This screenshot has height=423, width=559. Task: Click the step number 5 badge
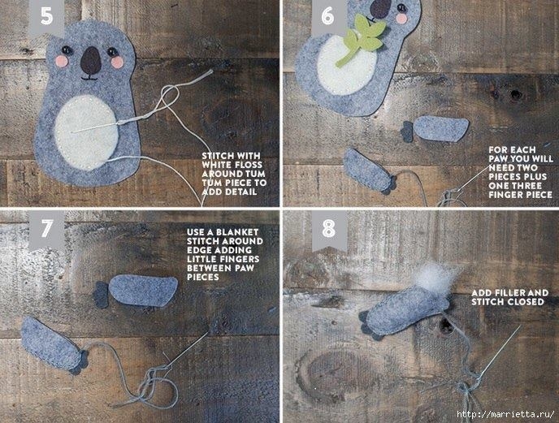pyautogui.click(x=46, y=16)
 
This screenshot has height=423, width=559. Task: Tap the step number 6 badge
pyautogui.click(x=328, y=16)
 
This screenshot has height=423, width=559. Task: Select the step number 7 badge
pyautogui.click(x=46, y=229)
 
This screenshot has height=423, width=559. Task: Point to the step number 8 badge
pyautogui.click(x=329, y=229)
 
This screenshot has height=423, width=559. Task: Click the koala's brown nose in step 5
pyautogui.click(x=90, y=61)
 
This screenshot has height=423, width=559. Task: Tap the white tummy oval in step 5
pyautogui.click(x=86, y=132)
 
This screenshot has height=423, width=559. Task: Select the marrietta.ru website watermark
pyautogui.click(x=506, y=414)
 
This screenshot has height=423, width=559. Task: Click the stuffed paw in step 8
pyautogui.click(x=405, y=313)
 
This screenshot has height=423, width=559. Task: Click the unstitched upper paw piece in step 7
pyautogui.click(x=136, y=291)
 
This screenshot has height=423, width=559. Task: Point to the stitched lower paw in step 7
pyautogui.click(x=54, y=345)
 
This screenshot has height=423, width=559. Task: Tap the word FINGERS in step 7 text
pyautogui.click(x=240, y=259)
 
